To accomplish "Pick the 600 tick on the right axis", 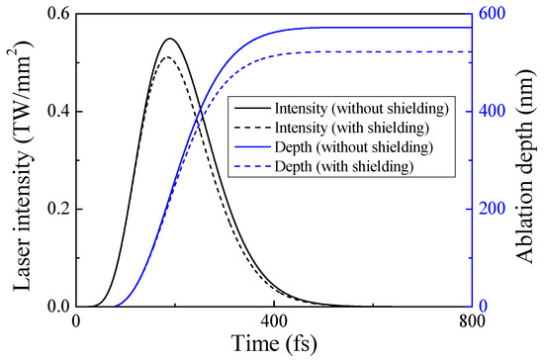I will [x=494, y=14].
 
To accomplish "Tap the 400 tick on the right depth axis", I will [x=494, y=111].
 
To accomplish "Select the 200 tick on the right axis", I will [x=494, y=209].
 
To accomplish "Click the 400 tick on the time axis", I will [x=275, y=321].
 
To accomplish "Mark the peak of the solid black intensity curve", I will [x=170, y=39].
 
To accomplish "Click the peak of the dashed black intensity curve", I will [x=168, y=56].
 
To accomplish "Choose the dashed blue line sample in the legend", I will [x=251, y=166].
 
